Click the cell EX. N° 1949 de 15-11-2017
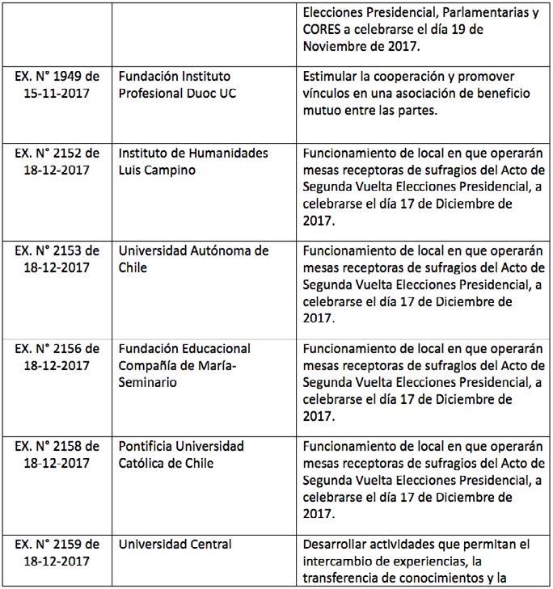(57, 85)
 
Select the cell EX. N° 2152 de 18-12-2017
(57, 162)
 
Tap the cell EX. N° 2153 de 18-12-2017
(57, 259)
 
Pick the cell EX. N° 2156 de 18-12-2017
(57, 356)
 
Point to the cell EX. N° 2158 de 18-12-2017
(57, 454)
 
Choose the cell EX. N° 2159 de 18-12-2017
(57, 553)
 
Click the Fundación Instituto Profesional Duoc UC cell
(202, 85)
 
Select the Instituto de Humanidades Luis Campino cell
(202, 162)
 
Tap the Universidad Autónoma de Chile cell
(202, 259)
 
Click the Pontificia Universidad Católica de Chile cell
(202, 454)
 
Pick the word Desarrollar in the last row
(337, 545)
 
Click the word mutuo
(321, 110)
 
